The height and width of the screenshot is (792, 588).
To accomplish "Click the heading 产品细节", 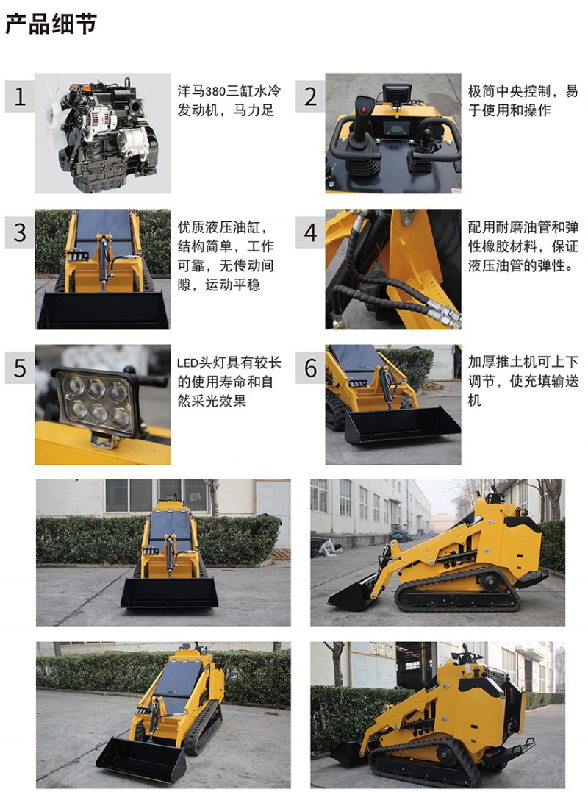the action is pos(51,24).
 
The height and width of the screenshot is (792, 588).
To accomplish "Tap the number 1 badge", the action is pos(20,96).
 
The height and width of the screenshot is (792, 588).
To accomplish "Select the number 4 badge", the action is pos(310,232).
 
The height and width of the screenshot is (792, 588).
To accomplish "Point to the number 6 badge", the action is pos(310,367).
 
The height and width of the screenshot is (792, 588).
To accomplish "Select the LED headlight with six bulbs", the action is pos(96,402).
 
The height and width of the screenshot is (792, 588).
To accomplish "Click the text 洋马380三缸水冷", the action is pos(229,91).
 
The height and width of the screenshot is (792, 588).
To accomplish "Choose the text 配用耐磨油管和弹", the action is pos(523,226).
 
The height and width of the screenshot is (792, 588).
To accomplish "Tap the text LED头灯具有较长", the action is pos(229,363).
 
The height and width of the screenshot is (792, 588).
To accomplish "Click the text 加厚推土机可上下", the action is pos(523,362).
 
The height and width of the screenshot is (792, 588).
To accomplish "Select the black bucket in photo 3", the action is pos(104,310).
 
